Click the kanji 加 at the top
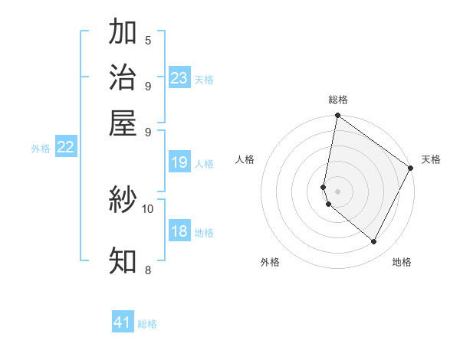point(123,33)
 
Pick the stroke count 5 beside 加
point(148,41)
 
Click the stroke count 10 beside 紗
point(148,208)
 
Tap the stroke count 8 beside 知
point(148,269)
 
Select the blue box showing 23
point(179,78)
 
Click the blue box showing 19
point(179,162)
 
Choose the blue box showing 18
point(179,232)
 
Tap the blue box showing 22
point(65,148)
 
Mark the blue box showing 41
point(123,322)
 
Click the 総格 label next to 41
point(147,324)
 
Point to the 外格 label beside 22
point(41,149)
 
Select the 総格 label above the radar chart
point(338,100)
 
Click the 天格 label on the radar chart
point(431,159)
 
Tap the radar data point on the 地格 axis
point(374,242)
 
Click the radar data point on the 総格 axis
point(337,116)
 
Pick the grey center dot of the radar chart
point(337,191)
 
